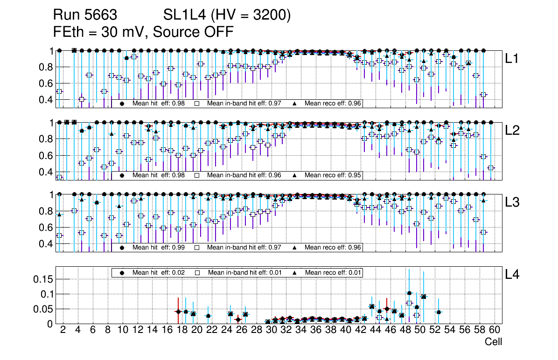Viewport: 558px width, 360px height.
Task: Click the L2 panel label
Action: [512, 131]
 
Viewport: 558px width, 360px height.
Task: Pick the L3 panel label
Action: [512, 202]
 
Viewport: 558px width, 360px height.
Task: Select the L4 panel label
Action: [512, 274]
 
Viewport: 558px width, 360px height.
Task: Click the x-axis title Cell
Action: [493, 342]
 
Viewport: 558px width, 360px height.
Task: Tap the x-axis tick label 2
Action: [63, 330]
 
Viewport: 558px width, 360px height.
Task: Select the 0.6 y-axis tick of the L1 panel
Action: [45, 83]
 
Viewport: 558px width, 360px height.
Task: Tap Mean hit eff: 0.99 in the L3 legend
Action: [157, 247]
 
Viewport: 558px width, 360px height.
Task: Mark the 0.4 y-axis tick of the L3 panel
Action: [45, 244]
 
